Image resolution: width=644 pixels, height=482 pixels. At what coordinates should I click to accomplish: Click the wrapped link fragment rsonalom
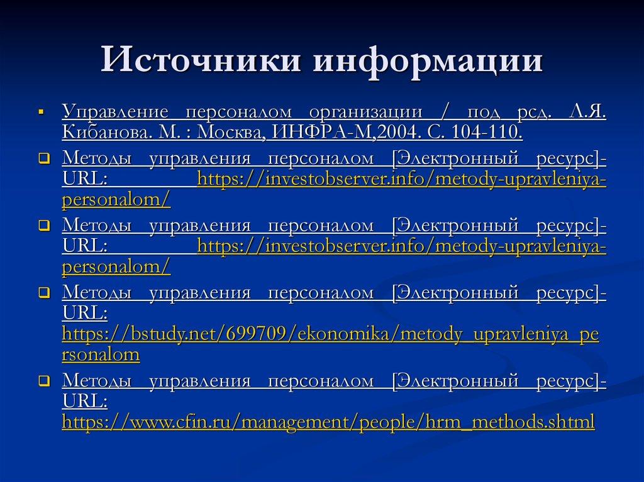click(x=101, y=354)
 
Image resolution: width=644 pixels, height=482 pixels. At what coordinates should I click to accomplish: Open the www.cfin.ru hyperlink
click(x=328, y=422)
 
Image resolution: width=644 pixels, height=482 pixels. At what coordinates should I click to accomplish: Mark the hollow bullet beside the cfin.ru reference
click(x=43, y=381)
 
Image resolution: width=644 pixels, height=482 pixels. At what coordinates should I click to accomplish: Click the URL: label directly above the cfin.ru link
click(x=84, y=401)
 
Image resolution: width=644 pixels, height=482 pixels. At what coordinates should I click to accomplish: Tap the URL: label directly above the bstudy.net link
click(x=84, y=313)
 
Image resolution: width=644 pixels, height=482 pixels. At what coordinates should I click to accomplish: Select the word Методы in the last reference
click(x=97, y=381)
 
